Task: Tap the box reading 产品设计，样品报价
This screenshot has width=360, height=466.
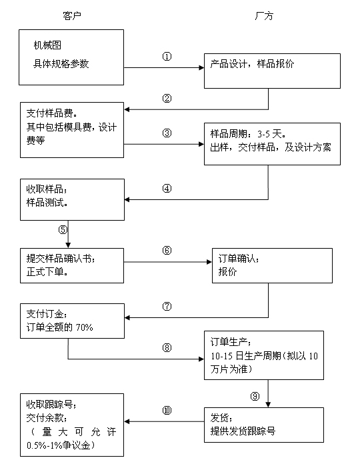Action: pyautogui.click(x=273, y=69)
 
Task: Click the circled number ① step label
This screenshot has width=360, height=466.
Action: pyautogui.click(x=167, y=57)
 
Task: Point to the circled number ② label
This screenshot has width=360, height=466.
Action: pyautogui.click(x=167, y=99)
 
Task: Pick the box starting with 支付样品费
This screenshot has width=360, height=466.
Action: pyautogui.click(x=71, y=129)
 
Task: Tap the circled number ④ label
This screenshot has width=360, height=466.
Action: pyautogui.click(x=167, y=188)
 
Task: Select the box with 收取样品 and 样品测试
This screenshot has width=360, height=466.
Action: pyautogui.click(x=71, y=199)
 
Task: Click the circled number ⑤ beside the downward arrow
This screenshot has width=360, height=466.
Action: pyautogui.click(x=63, y=229)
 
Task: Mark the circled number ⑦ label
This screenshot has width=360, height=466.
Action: pyautogui.click(x=167, y=307)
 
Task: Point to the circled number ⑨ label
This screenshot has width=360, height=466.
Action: pyautogui.click(x=255, y=396)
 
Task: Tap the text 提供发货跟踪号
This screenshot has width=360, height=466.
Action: pyautogui.click(x=243, y=431)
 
